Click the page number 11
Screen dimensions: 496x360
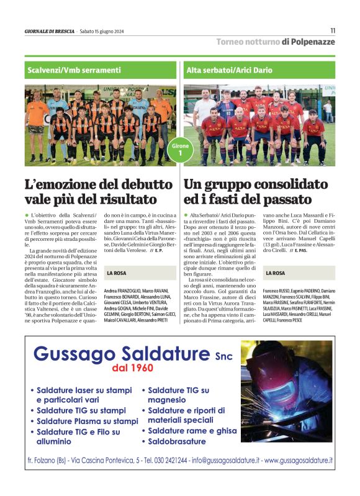pyautogui.click(x=332, y=30)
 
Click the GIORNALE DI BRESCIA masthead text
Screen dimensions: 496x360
pyautogui.click(x=49, y=31)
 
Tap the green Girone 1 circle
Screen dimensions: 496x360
pyautogui.click(x=180, y=149)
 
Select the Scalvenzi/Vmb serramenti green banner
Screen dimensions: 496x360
pyautogui.click(x=101, y=70)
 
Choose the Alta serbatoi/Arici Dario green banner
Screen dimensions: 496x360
pyautogui.click(x=259, y=70)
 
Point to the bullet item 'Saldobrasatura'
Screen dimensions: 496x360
pyautogui.click(x=177, y=441)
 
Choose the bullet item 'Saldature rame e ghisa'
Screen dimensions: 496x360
pyautogui.click(x=192, y=430)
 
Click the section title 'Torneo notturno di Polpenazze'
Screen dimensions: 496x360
pyautogui.click(x=275, y=42)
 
